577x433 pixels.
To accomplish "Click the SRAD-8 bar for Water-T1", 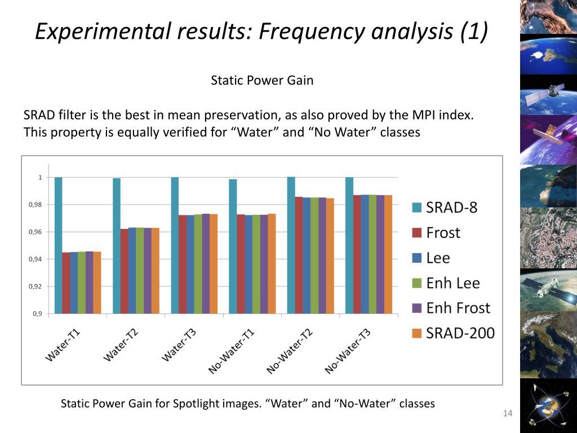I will [58, 245].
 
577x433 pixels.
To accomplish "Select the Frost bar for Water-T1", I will [66, 282].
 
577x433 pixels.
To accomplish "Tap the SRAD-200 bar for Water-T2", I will [156, 271].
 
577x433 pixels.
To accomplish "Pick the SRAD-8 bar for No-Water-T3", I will [349, 245].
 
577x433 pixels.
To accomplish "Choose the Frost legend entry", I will [443, 233].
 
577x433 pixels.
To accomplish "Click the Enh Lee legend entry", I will [453, 283].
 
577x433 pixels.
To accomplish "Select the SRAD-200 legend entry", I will [460, 333].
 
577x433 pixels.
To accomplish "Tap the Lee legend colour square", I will [417, 258].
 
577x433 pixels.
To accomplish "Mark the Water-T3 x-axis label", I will [179, 345].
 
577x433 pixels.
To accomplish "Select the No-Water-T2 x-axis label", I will [290, 351].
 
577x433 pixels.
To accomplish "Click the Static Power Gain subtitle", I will [262, 81].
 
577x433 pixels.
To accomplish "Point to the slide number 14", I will [508, 414].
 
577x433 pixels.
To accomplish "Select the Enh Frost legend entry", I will [458, 308].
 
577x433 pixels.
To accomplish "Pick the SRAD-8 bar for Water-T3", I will [175, 245].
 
